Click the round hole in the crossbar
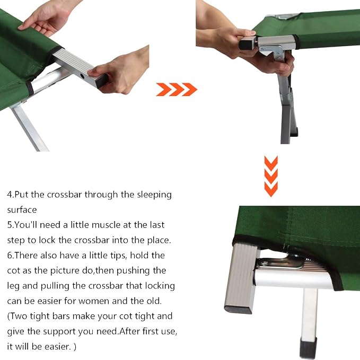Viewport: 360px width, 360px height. [82, 75]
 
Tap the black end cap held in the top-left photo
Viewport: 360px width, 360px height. [102, 81]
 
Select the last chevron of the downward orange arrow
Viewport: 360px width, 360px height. [271, 189]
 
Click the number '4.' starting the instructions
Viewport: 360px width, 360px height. [11, 195]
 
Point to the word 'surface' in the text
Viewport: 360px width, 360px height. [22, 210]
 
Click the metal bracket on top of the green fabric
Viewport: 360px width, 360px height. [284, 16]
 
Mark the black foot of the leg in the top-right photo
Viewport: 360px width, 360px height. [294, 132]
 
